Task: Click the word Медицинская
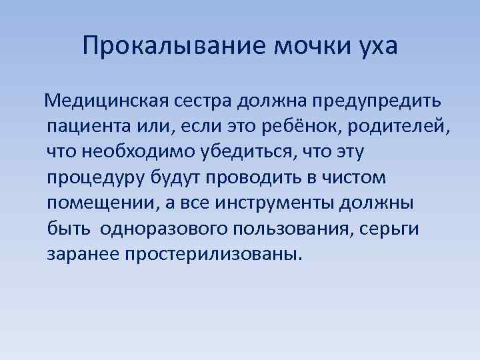pos(107,102)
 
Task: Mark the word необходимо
pos(139,152)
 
